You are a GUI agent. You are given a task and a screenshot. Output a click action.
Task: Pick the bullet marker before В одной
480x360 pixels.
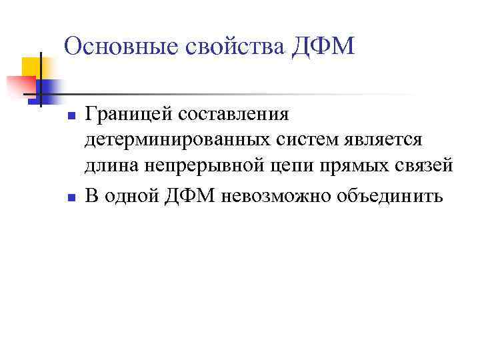coord(69,198)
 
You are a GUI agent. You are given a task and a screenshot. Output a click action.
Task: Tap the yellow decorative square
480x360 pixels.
coord(32,67)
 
